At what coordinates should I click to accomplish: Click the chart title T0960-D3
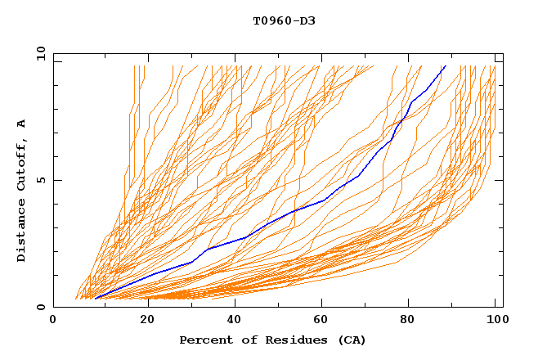(284, 20)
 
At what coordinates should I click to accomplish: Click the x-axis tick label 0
(53, 320)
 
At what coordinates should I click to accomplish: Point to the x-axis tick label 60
(325, 320)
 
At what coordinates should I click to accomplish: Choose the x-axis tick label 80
(413, 320)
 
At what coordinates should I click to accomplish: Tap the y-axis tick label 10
(38, 53)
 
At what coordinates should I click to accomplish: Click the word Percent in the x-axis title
(204, 340)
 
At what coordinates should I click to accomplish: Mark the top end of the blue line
(445, 66)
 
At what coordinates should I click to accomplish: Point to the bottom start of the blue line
(96, 299)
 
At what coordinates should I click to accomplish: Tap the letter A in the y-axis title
(22, 124)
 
